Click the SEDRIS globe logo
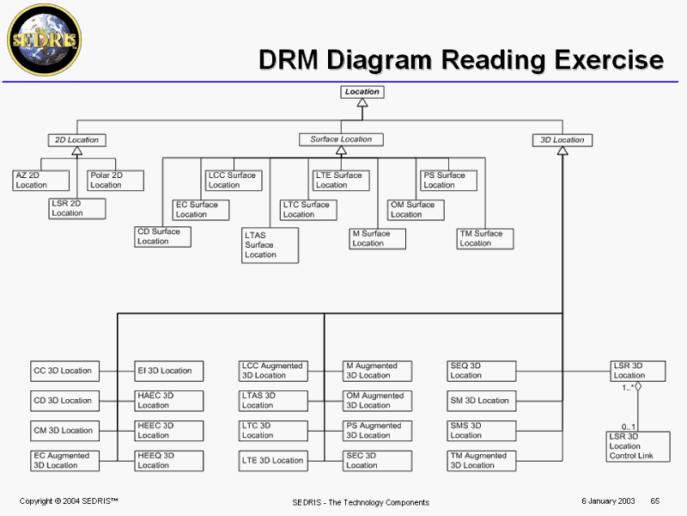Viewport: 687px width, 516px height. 44,39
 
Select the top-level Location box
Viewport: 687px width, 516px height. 362,91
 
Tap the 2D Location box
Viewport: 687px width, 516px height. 77,139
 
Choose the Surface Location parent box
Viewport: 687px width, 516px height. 341,139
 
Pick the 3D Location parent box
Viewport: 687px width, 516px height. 562,139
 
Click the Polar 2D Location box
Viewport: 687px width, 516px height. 115,181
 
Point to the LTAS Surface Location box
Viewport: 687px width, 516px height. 270,245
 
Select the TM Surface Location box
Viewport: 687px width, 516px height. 485,238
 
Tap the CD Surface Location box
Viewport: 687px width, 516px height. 162,236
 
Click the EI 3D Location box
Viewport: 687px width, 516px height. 169,371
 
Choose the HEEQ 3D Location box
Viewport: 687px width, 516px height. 169,460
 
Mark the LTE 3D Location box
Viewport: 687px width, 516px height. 273,460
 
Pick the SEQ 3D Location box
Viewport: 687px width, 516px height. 482,371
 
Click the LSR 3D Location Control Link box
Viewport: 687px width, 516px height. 636,446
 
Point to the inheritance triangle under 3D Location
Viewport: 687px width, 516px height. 562,151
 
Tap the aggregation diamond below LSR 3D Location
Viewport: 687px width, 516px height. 638,386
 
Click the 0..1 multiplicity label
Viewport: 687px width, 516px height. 629,427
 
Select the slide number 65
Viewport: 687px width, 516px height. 654,501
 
